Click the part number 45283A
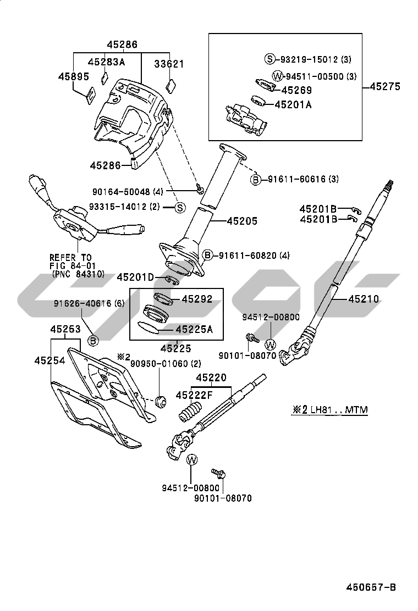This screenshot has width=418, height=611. tap(107, 62)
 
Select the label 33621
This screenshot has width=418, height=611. tap(169, 64)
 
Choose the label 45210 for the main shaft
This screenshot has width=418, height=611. tap(364, 299)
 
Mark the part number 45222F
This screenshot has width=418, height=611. tap(194, 395)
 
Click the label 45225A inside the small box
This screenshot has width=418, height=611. tap(194, 330)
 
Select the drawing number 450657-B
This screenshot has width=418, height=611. tap(371, 587)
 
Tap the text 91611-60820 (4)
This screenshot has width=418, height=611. tap(254, 255)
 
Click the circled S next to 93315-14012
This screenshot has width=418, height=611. tap(179, 208)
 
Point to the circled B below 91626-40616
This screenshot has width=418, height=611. tap(93, 341)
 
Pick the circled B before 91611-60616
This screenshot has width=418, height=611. tap(255, 180)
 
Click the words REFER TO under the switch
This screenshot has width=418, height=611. tap(70, 257)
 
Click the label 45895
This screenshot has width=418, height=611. tap(74, 76)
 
